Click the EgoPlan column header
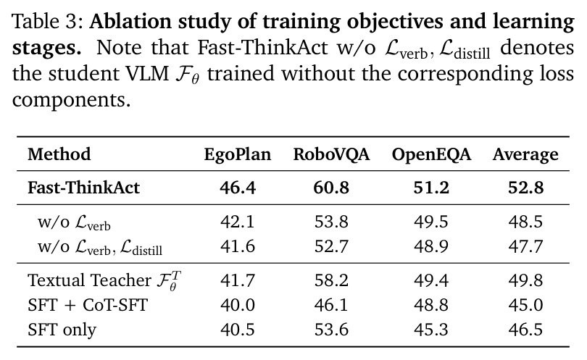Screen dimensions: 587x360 [238, 154]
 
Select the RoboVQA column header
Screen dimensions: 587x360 [331, 154]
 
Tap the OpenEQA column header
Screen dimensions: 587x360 [431, 154]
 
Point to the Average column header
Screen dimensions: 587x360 [525, 154]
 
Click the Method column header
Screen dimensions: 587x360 [59, 154]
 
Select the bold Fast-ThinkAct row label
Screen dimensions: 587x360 [83, 188]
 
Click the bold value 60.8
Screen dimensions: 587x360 [331, 188]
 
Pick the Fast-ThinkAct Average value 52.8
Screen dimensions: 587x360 [525, 188]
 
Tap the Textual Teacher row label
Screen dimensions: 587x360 [104, 280]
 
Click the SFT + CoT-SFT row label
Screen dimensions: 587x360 [88, 305]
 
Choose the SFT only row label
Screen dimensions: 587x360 [62, 330]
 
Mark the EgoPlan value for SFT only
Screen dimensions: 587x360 [238, 330]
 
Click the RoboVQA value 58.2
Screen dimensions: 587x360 [331, 280]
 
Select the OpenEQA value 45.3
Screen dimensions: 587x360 [431, 330]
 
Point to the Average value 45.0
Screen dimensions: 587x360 [525, 305]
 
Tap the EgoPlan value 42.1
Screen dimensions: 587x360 [238, 222]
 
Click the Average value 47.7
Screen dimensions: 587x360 [525, 246]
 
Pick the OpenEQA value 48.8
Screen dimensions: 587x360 [431, 305]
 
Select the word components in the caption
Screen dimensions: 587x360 [71, 100]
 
